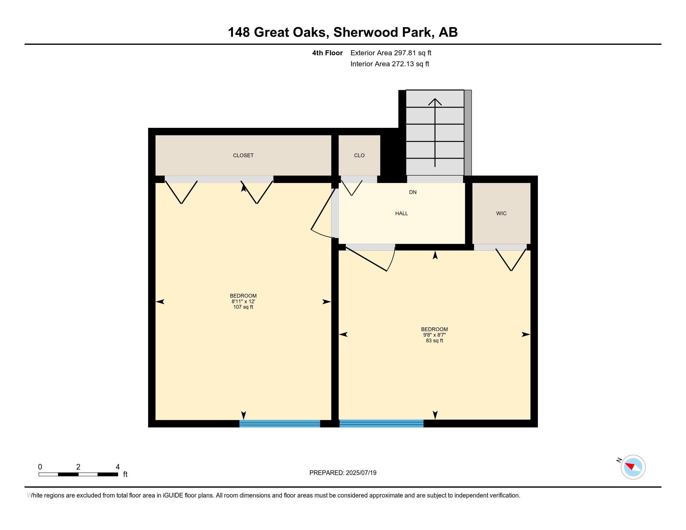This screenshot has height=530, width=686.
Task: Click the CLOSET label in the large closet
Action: pos(243,156)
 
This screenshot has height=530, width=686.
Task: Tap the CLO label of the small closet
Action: pos(359,156)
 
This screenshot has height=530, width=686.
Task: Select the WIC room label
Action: pos(501,214)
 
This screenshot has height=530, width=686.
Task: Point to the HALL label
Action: pos(401,214)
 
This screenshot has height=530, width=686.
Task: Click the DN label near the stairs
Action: pos(413,192)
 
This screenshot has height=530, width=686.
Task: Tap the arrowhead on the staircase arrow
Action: pos(435,101)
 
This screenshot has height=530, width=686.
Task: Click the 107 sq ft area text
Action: pos(243,307)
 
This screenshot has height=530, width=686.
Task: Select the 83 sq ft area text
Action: pos(434,341)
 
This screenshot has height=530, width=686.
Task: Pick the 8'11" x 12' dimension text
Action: pos(243,301)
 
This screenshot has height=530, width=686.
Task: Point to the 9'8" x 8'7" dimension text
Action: pos(434,335)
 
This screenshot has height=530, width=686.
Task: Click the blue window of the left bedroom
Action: pos(280,424)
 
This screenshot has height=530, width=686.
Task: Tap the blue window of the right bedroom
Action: pos(381,424)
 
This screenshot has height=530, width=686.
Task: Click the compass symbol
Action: pos(633,467)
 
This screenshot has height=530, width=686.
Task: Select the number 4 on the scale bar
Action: pos(118,467)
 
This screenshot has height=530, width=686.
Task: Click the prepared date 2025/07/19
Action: pos(361,473)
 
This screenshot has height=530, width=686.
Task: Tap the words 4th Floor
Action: pos(327,53)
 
